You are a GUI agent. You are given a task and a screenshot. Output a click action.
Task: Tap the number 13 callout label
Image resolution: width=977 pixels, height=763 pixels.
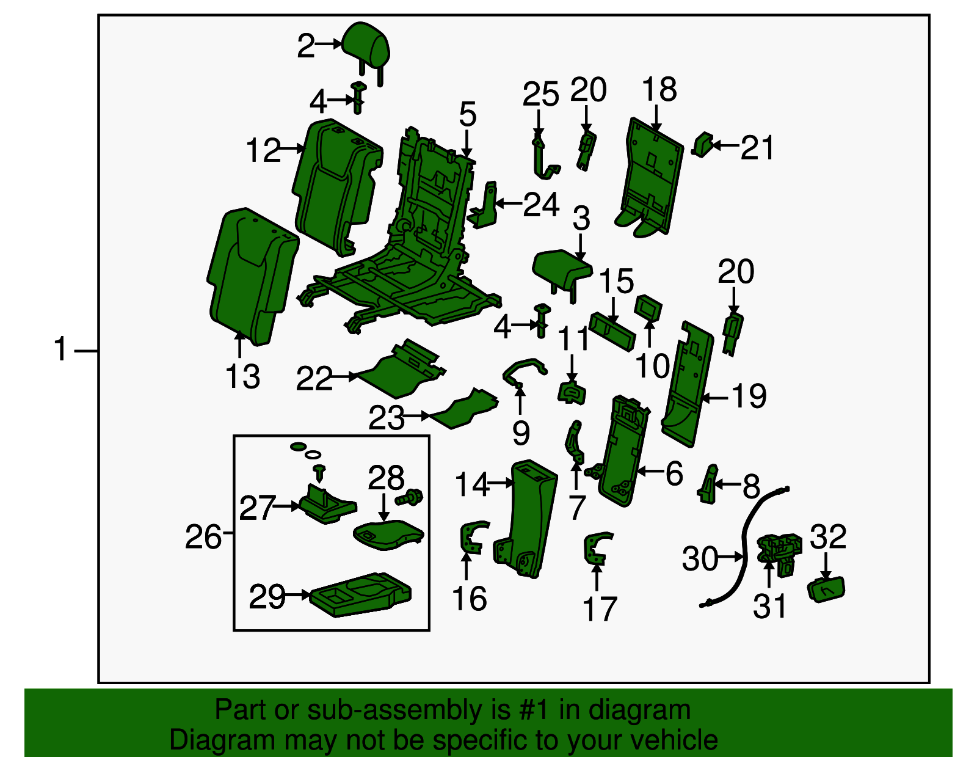pyautogui.click(x=242, y=377)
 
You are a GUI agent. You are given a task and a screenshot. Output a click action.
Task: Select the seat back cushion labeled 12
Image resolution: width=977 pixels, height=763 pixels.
pyautogui.click(x=335, y=183)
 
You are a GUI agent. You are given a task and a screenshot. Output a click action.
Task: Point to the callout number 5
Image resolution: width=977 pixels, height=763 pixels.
pyautogui.click(x=467, y=115)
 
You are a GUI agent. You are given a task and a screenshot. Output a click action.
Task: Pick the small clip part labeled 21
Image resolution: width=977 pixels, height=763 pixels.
pyautogui.click(x=703, y=145)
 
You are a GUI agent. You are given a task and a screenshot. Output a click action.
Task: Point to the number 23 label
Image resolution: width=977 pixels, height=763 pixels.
pyautogui.click(x=386, y=418)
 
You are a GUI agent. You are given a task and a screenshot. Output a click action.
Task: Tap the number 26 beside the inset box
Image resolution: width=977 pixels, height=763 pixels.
pyautogui.click(x=203, y=538)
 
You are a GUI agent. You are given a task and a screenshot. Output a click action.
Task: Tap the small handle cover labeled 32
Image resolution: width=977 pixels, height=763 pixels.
pyautogui.click(x=826, y=590)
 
